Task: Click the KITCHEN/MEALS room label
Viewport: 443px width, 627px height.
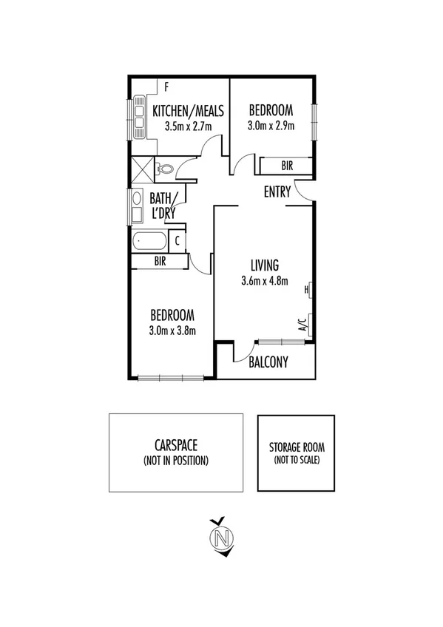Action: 188,111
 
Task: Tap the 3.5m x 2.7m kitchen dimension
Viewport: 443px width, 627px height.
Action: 188,126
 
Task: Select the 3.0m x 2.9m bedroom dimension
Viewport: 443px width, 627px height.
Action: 271,126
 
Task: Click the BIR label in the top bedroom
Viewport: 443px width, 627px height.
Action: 287,166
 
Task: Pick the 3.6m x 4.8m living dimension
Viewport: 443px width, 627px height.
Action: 264,280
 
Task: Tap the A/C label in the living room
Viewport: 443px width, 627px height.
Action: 302,322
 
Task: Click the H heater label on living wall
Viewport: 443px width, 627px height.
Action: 306,291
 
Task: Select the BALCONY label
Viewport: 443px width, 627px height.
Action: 268,362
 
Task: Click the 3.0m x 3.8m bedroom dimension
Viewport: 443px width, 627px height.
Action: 172,331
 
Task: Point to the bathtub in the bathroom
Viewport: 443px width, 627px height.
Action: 149,241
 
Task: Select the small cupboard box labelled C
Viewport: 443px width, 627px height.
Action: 177,241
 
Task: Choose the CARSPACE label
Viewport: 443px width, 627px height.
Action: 176,446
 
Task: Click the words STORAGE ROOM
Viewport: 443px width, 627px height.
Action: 296,447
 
